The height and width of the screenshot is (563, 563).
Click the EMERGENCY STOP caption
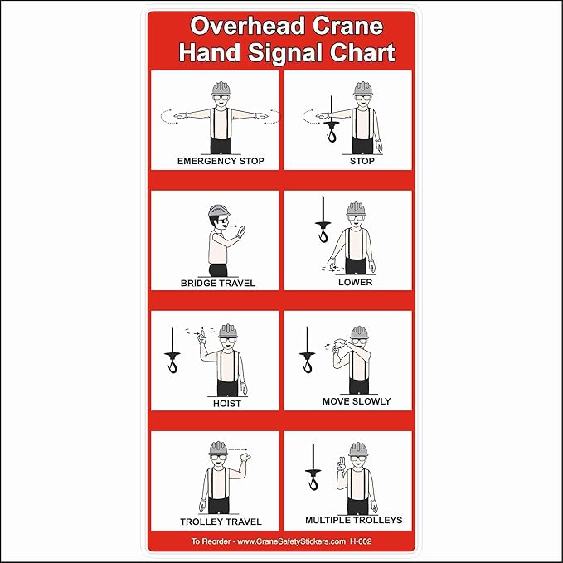pos(221,161)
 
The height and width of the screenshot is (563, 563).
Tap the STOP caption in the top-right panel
pos(362,161)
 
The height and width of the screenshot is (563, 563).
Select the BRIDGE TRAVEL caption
pos(218,284)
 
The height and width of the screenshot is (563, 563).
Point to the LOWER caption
pos(355,282)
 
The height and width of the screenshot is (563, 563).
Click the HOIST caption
pos(227,404)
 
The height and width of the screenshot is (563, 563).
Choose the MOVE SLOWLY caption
pos(357,401)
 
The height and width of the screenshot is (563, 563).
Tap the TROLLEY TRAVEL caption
pos(221,522)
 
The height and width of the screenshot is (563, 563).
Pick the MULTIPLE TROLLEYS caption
pos(353,520)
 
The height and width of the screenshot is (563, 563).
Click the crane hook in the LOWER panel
pos(323,235)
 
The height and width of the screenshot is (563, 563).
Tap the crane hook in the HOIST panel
pos(172,361)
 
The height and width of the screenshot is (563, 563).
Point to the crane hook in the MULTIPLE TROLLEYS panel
pos(313,479)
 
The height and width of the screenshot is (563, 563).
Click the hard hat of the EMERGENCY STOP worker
pos(221,88)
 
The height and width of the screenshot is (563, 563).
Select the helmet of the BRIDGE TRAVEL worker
pos(218,211)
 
